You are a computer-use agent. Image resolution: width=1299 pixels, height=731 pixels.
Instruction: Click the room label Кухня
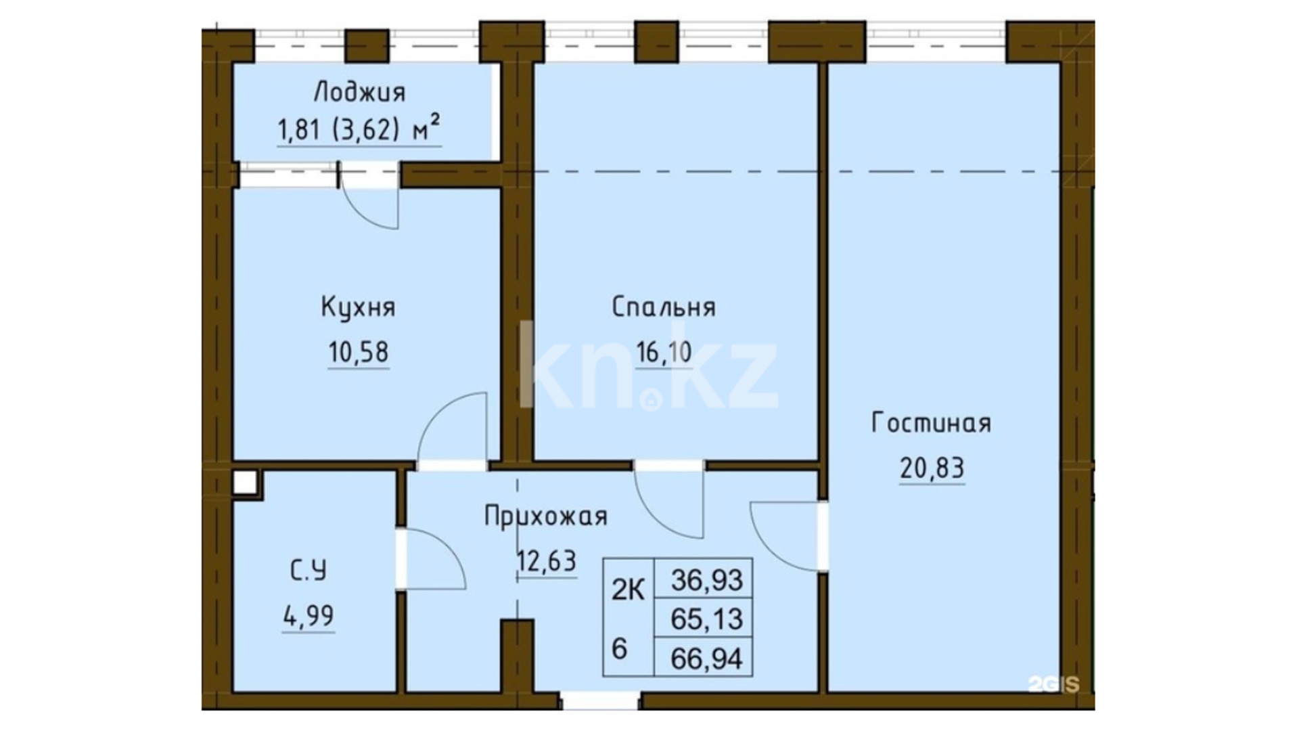(x=358, y=307)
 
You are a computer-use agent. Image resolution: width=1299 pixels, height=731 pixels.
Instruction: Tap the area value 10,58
(x=359, y=352)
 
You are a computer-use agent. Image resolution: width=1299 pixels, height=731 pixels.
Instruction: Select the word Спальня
(x=663, y=307)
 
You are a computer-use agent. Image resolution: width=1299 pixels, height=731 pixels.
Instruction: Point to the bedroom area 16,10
(x=664, y=352)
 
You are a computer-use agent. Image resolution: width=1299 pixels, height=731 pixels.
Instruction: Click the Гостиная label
(x=931, y=423)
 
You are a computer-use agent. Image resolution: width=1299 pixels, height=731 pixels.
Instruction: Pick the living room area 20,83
(x=932, y=468)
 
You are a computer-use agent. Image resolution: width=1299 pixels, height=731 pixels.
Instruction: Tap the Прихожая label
(x=546, y=516)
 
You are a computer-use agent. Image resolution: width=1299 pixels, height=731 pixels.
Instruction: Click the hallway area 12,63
(x=547, y=561)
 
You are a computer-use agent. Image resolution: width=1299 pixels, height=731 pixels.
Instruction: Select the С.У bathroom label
(x=309, y=571)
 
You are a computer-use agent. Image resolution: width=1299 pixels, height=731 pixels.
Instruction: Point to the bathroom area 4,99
(x=309, y=616)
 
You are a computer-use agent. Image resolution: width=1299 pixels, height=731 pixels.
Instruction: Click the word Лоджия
(x=360, y=92)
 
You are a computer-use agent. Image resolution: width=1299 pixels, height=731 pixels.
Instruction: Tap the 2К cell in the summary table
(x=628, y=590)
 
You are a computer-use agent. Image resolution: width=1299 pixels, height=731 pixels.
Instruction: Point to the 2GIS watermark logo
(x=1053, y=684)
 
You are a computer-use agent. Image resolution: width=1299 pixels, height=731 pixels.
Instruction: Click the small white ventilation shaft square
(x=245, y=483)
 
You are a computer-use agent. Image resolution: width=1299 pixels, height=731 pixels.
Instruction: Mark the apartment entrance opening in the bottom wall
(x=600, y=701)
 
